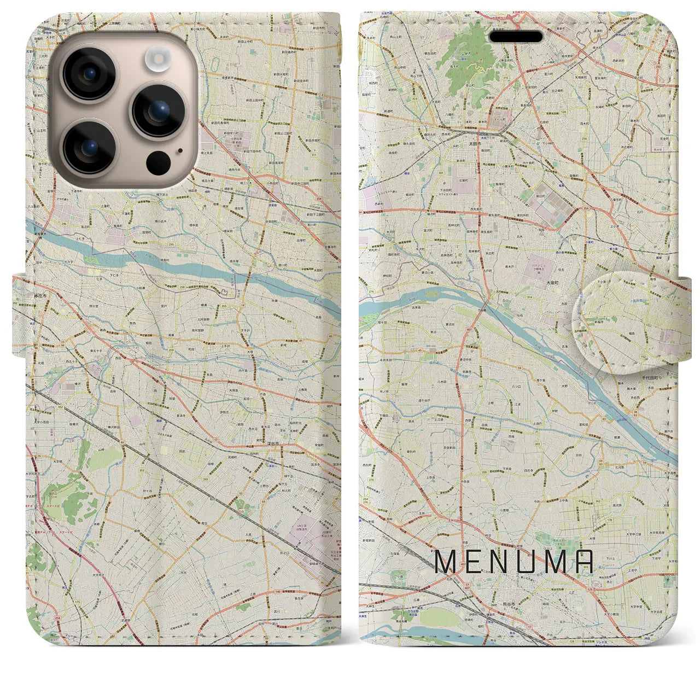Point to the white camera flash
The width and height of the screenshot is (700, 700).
coord(159,57)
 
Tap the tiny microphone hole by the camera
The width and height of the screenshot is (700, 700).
coord(180,151)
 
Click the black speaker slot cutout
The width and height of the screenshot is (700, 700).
coord(516,37)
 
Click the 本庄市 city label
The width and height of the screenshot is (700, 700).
coord(40,295)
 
